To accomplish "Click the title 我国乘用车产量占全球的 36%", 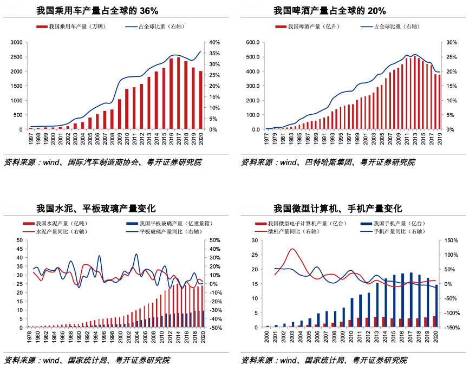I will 97,11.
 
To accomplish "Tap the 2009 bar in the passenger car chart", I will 119,114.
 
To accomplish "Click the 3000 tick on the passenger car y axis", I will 16,42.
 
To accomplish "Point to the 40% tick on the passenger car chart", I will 214,42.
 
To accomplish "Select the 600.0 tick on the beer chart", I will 253,42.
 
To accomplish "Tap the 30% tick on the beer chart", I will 451,42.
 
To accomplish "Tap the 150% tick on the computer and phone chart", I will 452,240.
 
